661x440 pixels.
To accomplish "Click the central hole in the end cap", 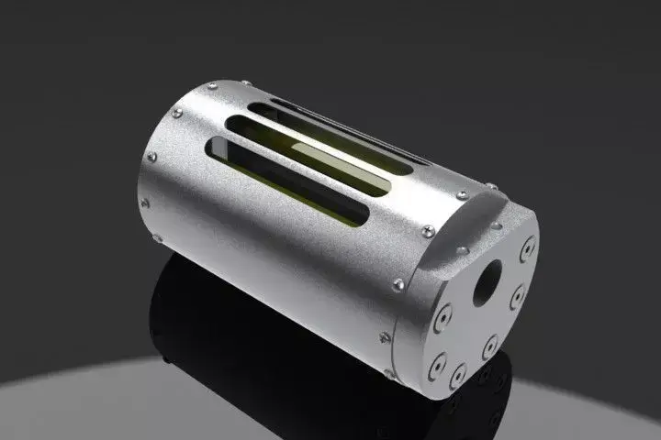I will tap(487, 283).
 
